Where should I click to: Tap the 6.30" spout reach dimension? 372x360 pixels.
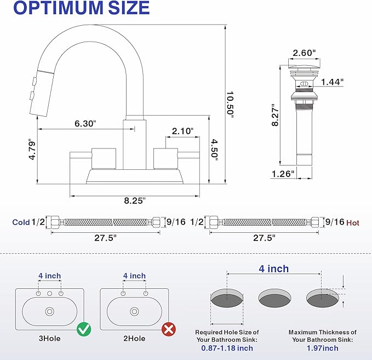click(x=85, y=123)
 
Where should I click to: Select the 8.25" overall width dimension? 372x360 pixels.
click(x=135, y=201)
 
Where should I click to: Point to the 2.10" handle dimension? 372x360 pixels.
click(x=182, y=131)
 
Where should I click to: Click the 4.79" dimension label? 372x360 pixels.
click(x=32, y=149)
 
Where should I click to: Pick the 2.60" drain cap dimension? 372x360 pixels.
click(x=304, y=53)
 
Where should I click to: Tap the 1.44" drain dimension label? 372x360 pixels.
click(x=332, y=82)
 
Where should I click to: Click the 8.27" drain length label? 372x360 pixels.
click(x=274, y=115)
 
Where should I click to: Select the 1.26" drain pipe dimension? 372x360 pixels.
click(x=283, y=174)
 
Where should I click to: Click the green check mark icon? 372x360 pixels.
click(x=84, y=329)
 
